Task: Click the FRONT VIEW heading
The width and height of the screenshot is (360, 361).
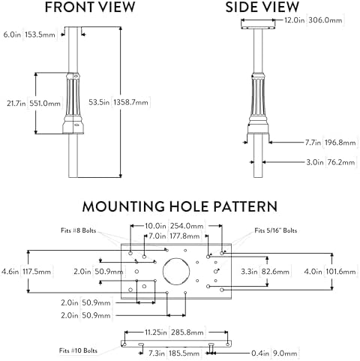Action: [x=90, y=7]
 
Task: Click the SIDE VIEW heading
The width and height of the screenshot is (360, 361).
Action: [x=262, y=7]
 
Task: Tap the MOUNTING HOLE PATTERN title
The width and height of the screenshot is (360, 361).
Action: [x=180, y=206]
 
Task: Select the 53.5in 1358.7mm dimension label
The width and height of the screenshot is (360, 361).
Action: [x=118, y=102]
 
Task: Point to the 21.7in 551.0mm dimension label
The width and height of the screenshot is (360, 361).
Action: [x=34, y=104]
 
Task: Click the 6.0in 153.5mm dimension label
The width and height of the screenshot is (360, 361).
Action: [x=29, y=35]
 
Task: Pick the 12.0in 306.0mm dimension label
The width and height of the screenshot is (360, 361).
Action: [x=313, y=20]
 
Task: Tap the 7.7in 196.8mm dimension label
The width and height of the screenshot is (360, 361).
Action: [x=330, y=143]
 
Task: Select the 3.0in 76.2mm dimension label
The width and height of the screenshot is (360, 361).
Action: [x=331, y=162]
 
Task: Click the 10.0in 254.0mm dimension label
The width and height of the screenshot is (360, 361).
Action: [x=174, y=226]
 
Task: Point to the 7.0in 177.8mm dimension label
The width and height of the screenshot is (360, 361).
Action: [x=174, y=236]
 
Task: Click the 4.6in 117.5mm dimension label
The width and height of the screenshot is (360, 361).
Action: [x=26, y=272]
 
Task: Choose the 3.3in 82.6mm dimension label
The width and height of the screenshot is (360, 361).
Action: [x=265, y=272]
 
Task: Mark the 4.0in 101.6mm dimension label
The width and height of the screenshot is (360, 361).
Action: [x=330, y=272]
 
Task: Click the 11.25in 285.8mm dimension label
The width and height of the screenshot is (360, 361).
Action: [x=174, y=332]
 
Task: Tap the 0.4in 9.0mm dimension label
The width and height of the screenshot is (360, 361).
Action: [x=274, y=353]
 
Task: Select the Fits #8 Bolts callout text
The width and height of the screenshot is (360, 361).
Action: [x=79, y=230]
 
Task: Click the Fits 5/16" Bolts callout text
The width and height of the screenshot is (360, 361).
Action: [x=276, y=230]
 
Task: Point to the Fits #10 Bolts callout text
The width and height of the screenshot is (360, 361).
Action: [x=78, y=350]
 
